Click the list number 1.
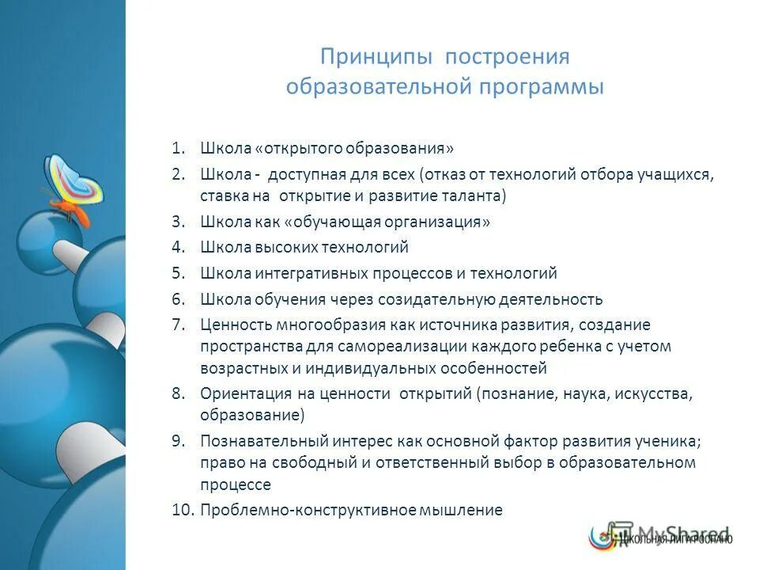pyautogui.click(x=178, y=148)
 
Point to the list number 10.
pyautogui.click(x=181, y=510)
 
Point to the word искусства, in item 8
pyautogui.click(x=655, y=393)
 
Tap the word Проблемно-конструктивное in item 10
pyautogui.click(x=295, y=510)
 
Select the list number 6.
pyautogui.click(x=178, y=298)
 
